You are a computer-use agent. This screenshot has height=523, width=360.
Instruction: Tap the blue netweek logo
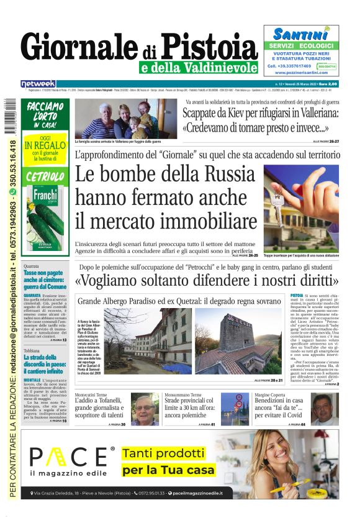coord(38,83)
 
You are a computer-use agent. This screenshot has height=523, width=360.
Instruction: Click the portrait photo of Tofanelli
coord(145,407)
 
